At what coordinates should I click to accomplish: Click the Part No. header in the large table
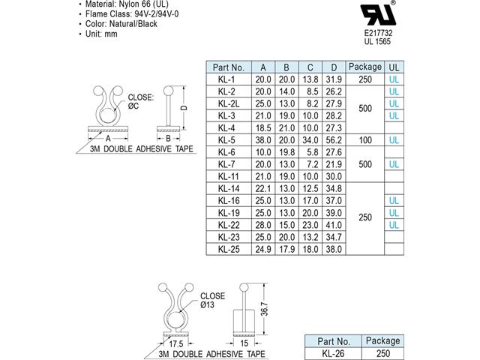227,66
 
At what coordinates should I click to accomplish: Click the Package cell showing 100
365,139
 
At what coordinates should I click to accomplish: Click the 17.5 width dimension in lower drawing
173,344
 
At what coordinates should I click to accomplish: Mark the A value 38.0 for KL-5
262,139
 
